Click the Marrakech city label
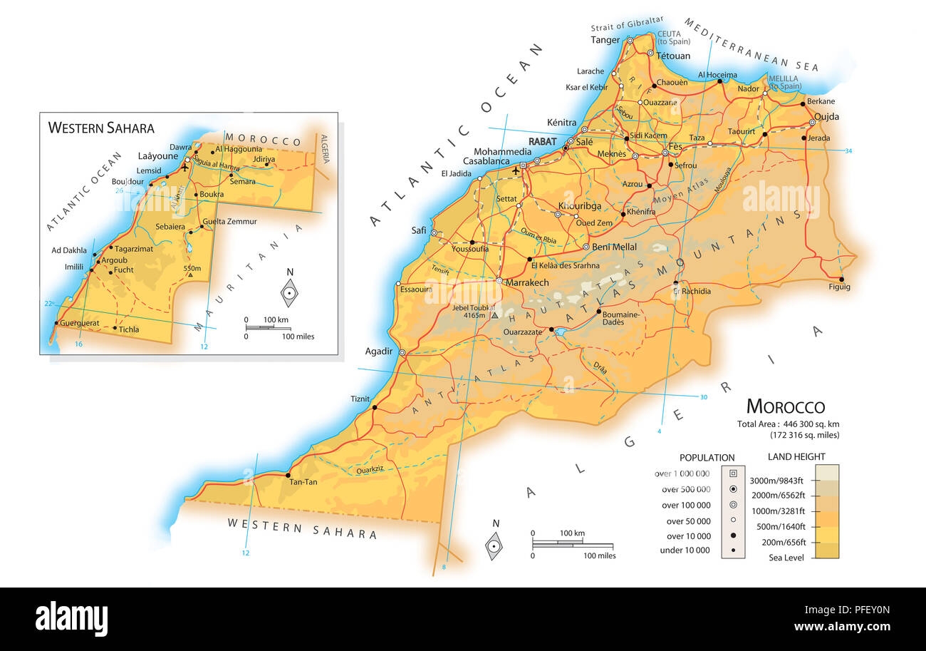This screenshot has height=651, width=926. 527,283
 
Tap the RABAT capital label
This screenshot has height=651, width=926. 542,141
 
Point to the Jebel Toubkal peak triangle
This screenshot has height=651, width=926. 494,314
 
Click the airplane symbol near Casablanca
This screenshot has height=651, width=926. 516,170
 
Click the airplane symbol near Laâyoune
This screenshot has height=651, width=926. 185,168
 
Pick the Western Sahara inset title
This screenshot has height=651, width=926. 100,128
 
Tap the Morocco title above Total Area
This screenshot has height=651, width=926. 785,407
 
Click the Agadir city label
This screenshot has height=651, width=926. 378,352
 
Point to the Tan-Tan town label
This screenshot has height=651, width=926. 302,482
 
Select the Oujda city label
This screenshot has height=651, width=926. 826,117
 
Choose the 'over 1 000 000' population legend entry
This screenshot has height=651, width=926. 682,473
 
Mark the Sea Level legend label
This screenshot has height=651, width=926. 786,558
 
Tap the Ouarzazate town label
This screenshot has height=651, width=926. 524,332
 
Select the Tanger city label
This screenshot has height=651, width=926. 605,40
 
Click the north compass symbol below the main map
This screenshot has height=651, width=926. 494,545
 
